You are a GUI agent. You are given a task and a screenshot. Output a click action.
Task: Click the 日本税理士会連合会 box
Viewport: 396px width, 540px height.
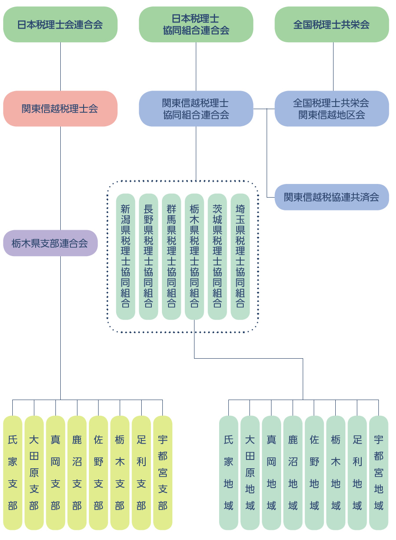60,25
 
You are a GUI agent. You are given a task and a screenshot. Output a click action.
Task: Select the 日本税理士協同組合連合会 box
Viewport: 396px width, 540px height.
196,25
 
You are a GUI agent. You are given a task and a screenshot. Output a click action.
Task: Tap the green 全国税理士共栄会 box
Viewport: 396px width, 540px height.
332,25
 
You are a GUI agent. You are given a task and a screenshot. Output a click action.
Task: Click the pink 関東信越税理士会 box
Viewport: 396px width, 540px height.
60,109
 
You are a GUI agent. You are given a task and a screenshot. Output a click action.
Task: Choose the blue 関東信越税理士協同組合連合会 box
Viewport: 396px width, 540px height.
196,109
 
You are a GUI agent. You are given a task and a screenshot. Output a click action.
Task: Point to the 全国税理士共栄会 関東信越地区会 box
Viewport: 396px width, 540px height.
332,109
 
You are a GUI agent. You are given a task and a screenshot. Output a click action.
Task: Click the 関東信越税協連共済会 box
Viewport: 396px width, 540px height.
332,197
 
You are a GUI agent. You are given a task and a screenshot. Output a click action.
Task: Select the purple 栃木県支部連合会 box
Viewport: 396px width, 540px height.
50,243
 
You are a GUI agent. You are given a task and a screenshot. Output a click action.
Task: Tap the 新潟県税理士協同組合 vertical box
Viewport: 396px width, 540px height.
125,257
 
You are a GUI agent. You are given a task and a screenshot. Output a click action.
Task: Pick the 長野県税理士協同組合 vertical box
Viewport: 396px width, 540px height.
148,257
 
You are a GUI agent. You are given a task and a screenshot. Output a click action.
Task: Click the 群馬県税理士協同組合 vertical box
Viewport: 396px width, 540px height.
171,257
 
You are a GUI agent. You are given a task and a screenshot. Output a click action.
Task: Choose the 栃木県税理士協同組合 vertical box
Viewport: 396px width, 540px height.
194,257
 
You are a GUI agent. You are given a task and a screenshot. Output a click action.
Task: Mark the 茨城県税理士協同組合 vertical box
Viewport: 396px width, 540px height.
217,257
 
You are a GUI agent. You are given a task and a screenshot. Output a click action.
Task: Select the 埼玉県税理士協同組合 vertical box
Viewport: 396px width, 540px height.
240,257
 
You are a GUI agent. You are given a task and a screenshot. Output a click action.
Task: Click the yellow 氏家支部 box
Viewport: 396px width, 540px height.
13,473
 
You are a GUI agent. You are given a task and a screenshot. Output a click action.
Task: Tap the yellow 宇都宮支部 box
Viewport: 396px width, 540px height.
163,473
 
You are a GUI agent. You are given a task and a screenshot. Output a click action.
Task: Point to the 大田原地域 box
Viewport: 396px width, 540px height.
250,473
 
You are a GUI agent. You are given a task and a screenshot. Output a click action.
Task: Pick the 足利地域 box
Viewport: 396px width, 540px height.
357,473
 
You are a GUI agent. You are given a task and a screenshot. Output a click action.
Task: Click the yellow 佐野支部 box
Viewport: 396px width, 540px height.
99,473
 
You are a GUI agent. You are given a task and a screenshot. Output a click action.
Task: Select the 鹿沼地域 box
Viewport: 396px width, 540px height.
293,473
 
